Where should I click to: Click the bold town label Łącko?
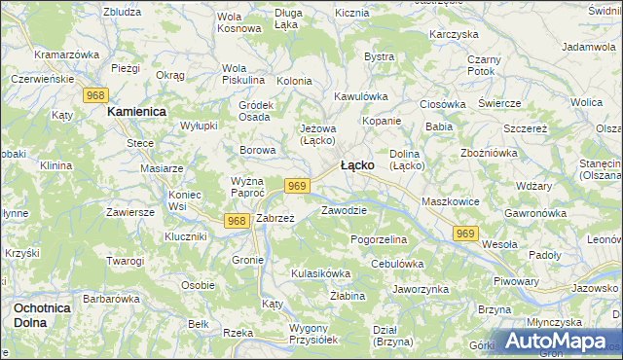(x=357, y=165)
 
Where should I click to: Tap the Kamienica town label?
(x=137, y=112)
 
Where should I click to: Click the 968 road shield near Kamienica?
(x=95, y=94)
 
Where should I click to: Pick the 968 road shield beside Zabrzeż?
(x=237, y=221)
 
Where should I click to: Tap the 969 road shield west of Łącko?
(x=298, y=186)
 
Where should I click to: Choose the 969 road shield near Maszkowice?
(x=466, y=233)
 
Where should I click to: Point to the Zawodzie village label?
(x=344, y=210)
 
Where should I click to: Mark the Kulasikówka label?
(x=320, y=273)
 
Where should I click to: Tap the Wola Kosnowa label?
(x=239, y=22)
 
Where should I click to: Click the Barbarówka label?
(x=112, y=299)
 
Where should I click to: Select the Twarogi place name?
(x=126, y=261)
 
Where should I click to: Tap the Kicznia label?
(x=351, y=14)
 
